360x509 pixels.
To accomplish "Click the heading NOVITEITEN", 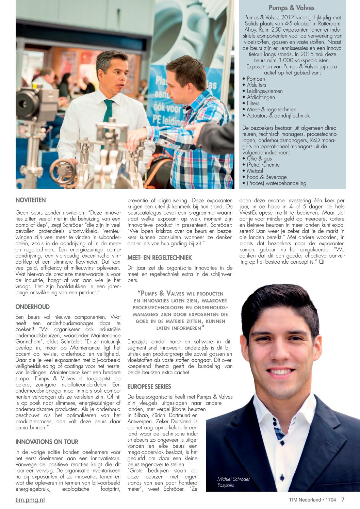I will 31,200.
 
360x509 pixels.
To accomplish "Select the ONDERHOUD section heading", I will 32,307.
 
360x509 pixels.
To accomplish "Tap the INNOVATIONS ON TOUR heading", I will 47,442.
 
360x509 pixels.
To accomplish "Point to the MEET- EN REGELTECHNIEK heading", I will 160,258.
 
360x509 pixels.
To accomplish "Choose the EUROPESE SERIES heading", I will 149,387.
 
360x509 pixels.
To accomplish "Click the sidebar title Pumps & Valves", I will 292,8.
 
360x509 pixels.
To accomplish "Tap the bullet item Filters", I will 253,103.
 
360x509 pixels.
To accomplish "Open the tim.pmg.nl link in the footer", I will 30,500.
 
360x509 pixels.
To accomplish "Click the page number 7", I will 343,499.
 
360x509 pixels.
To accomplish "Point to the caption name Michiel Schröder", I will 233,479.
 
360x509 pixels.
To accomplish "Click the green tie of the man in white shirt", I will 109,112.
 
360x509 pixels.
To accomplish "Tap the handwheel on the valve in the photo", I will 63,171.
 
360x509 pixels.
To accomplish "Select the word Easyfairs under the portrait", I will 226,485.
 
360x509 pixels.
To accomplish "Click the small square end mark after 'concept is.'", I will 321,262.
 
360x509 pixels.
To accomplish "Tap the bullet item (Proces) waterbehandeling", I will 276,183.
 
